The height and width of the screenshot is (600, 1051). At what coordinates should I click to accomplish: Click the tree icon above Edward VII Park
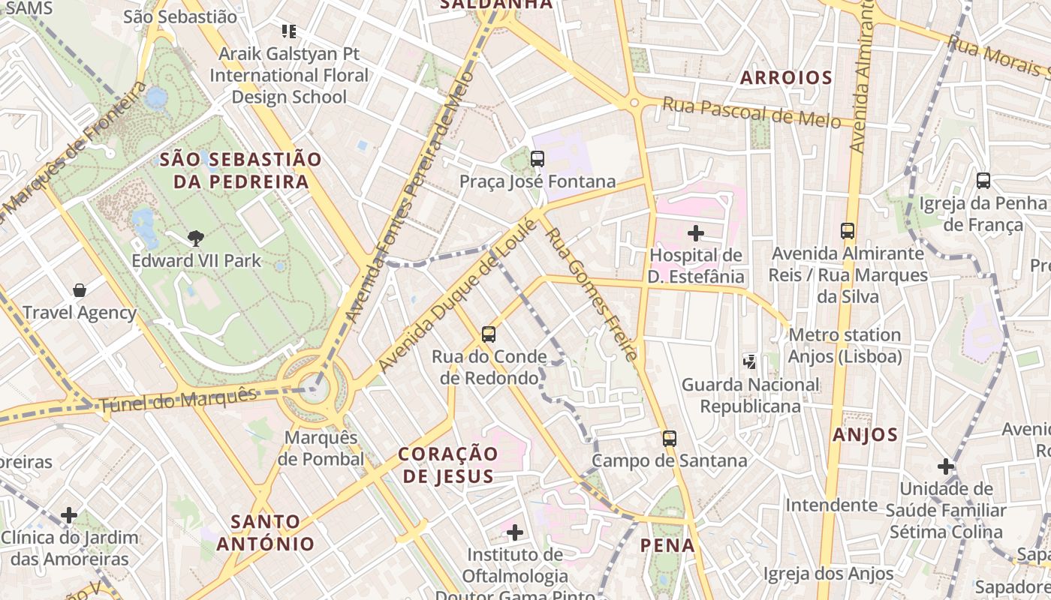(x=196, y=238)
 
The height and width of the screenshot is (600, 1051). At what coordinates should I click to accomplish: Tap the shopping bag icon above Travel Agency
(x=80, y=290)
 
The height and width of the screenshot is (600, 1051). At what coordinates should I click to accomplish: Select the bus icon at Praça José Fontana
(x=538, y=159)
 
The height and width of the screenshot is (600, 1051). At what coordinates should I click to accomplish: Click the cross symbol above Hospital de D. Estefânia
(x=696, y=233)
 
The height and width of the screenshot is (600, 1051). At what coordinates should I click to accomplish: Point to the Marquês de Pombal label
(x=321, y=448)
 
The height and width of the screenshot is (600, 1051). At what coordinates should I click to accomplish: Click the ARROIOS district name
(x=786, y=78)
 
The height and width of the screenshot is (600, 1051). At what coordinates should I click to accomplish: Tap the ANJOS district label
(x=865, y=435)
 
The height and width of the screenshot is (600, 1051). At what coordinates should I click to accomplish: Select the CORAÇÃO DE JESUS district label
(x=448, y=465)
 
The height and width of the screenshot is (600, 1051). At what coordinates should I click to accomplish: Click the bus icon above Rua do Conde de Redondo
(x=489, y=334)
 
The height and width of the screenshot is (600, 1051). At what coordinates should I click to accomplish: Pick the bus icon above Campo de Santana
(x=670, y=438)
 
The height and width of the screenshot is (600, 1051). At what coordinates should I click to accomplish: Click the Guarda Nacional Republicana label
(x=751, y=395)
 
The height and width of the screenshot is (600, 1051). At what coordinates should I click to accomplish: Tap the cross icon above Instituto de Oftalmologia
(x=515, y=532)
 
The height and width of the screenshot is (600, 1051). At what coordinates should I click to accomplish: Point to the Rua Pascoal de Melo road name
(x=751, y=113)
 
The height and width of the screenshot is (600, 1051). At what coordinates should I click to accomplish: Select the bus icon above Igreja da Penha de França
(x=983, y=181)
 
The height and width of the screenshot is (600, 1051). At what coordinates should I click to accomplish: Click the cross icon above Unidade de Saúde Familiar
(x=946, y=466)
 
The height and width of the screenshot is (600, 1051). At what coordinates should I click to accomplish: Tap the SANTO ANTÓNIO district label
(x=266, y=532)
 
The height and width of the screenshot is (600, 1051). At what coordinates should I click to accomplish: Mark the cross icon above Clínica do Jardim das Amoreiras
(x=69, y=515)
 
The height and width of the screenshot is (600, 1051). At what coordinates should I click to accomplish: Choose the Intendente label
(x=831, y=505)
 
